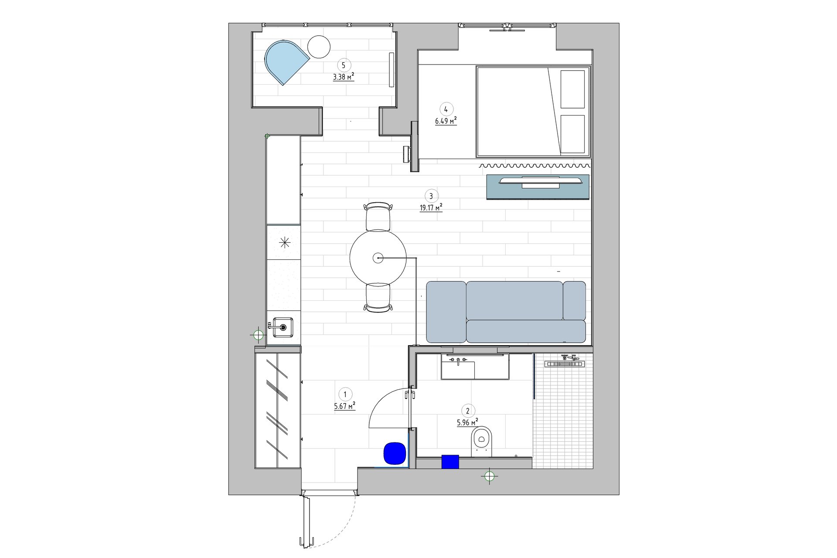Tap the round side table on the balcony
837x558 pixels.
[x=319, y=46]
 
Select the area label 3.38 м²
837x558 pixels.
[x=344, y=78]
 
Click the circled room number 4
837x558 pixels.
[x=446, y=109]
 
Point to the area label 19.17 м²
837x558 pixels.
[x=431, y=208]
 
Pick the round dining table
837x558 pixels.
[x=378, y=258]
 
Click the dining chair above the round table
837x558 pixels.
[x=378, y=217]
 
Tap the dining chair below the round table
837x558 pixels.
[x=378, y=298]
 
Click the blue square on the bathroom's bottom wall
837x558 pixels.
[x=450, y=462]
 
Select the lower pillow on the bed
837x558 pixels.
[x=572, y=134]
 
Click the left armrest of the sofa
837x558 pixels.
[x=446, y=312]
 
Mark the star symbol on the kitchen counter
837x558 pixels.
[x=285, y=242]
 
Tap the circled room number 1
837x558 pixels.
[x=345, y=395]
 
